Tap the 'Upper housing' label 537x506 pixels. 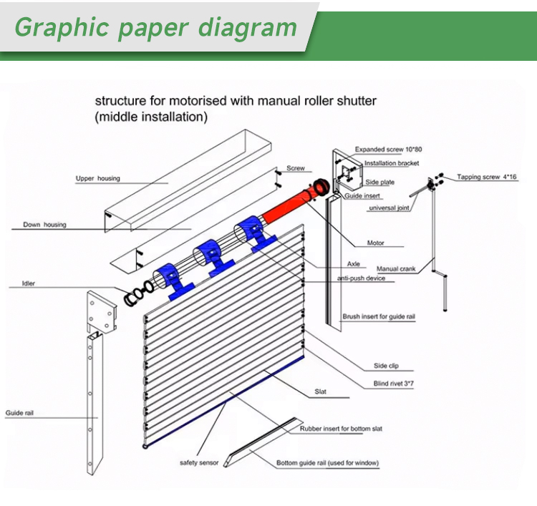coord(98,178)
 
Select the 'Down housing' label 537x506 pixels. coord(44,225)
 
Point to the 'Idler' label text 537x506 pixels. coord(29,283)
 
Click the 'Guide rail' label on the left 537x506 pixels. coord(19,413)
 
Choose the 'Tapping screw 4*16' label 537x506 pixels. coord(487,177)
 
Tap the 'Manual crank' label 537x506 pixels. coord(396,269)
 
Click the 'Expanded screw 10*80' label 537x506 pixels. coord(388,150)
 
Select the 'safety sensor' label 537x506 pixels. coord(199,463)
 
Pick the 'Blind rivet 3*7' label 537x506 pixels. coord(394,384)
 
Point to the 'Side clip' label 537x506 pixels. coord(386,366)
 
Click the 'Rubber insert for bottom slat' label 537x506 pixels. coord(341,429)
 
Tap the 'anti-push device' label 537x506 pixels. coord(362,278)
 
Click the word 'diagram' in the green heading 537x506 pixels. coord(248,27)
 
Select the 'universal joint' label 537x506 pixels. coord(389,208)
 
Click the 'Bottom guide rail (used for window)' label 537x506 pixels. coord(327,463)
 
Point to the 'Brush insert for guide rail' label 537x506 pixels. coord(379,316)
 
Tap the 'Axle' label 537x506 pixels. coord(354,264)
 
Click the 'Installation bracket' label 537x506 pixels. coord(392,163)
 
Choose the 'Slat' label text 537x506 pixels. coord(321,391)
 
